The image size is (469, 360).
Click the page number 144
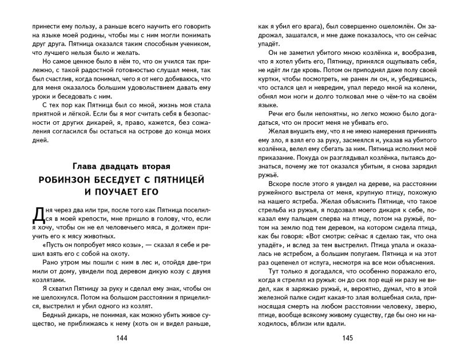coord(121,337)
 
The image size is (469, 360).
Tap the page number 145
coord(347,337)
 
